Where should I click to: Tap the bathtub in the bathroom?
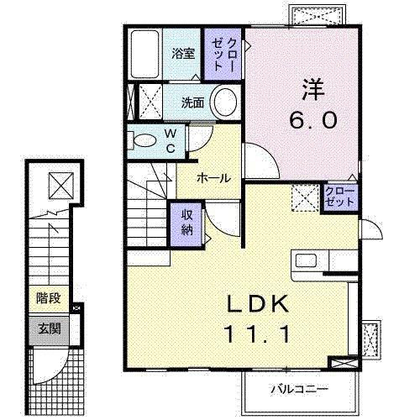click(x=148, y=55)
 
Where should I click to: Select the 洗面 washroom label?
click(x=193, y=103)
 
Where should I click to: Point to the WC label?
click(x=170, y=140)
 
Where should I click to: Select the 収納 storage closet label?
click(x=187, y=223)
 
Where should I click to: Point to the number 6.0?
click(x=314, y=120)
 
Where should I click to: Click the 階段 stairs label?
click(x=47, y=297)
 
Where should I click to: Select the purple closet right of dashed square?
click(x=339, y=198)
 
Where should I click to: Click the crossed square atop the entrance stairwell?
click(x=60, y=183)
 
